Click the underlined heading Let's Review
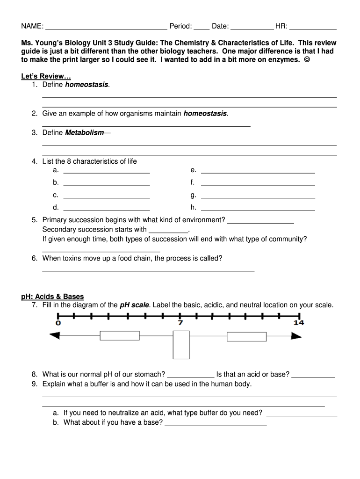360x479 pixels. [x=46, y=76]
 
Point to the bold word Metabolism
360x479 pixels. [x=84, y=133]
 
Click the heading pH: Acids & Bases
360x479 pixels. [x=52, y=297]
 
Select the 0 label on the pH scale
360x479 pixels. [x=58, y=323]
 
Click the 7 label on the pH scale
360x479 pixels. [x=180, y=323]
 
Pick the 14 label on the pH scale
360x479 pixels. [x=299, y=323]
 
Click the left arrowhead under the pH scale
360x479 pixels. [x=55, y=335]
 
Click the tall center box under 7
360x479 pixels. [x=181, y=345]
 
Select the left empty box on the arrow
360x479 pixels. [x=120, y=335]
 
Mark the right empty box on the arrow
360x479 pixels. [x=246, y=336]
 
